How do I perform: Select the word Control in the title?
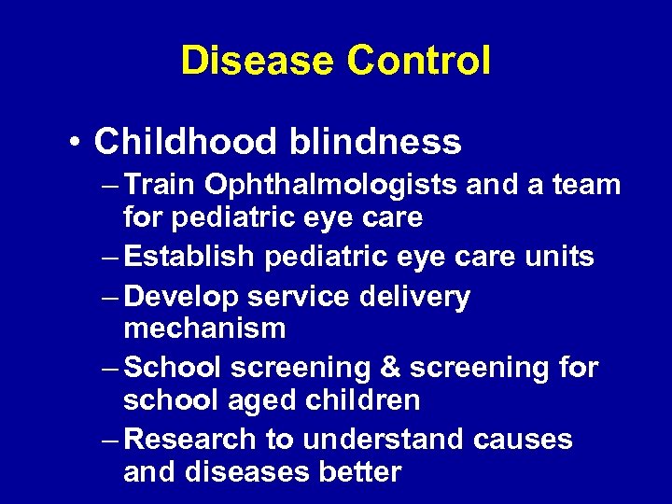click(x=418, y=62)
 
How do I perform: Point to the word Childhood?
click(x=185, y=142)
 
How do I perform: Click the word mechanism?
click(x=204, y=329)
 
